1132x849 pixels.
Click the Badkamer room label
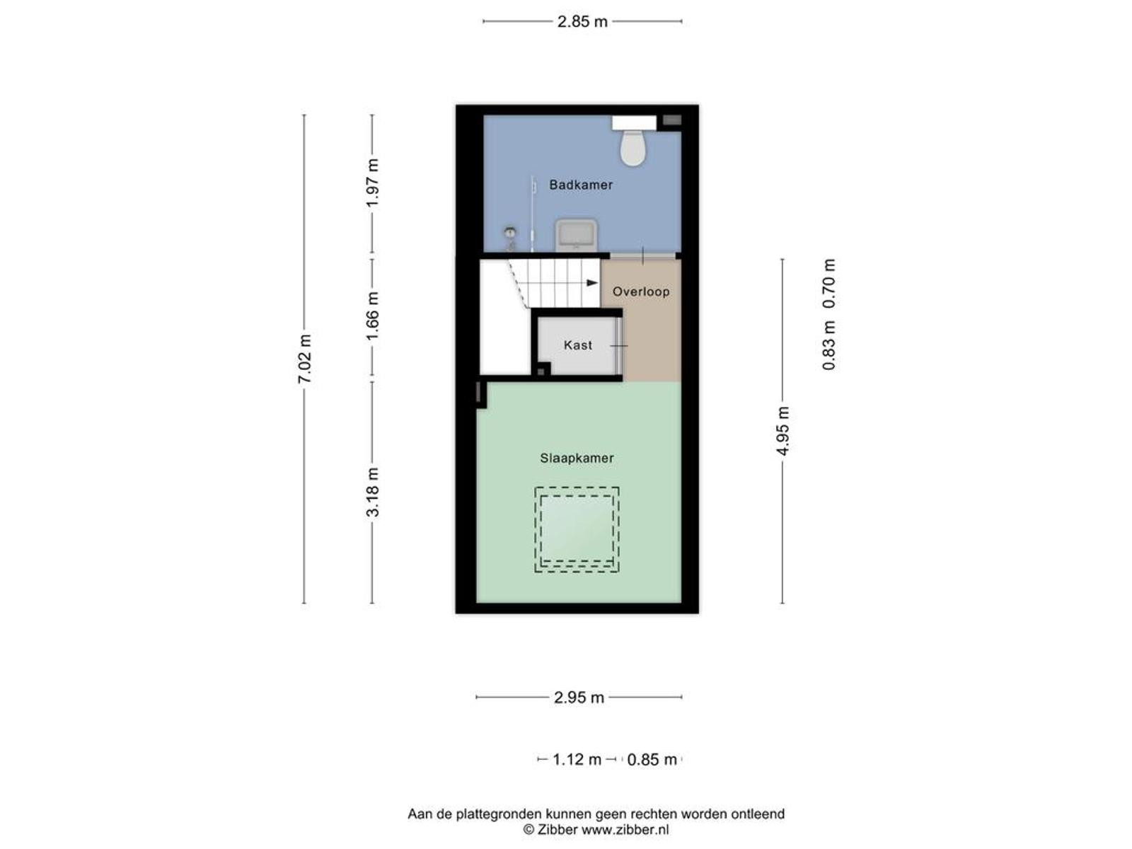581,185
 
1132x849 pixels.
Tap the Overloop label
641,291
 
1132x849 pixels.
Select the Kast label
577,345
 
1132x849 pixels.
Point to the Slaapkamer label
577,458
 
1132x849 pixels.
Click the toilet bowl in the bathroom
633,147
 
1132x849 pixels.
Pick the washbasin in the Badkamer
576,236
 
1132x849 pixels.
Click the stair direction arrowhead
592,283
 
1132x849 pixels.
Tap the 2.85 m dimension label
582,22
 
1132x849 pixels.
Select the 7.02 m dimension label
304,359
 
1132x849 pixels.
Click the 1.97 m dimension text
372,183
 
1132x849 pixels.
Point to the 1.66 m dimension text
372,316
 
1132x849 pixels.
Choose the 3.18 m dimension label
372,492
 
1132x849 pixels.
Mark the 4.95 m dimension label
783,431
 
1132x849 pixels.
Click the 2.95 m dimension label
579,698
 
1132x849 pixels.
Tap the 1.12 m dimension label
577,759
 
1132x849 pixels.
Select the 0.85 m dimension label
652,759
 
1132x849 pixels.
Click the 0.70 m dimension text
828,284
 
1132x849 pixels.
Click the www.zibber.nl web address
625,829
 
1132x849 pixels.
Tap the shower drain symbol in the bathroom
510,233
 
